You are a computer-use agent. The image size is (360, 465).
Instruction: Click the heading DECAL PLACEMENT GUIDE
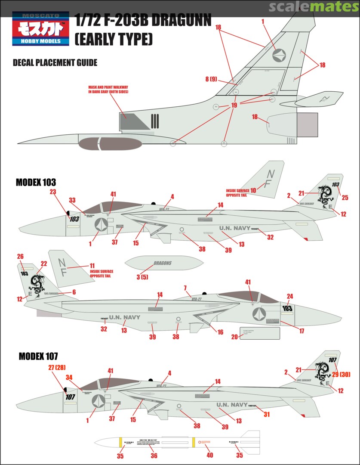coord(55,63)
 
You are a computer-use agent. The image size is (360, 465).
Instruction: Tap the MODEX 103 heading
coord(36,182)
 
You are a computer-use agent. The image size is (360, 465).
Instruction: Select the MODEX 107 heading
coord(38,356)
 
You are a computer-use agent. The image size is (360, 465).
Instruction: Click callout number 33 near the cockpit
coord(72,200)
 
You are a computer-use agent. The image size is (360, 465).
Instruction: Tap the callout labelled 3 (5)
coord(142,277)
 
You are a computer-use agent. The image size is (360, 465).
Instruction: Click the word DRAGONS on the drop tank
coord(162,263)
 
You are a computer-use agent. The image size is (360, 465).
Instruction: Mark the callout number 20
coord(234,337)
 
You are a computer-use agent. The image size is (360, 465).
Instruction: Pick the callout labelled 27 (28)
coord(58,367)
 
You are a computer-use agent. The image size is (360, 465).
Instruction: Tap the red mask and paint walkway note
coord(108,89)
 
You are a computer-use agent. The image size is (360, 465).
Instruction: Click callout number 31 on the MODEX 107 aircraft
coord(267,414)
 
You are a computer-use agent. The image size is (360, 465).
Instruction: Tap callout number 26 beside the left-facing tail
coord(20,257)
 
